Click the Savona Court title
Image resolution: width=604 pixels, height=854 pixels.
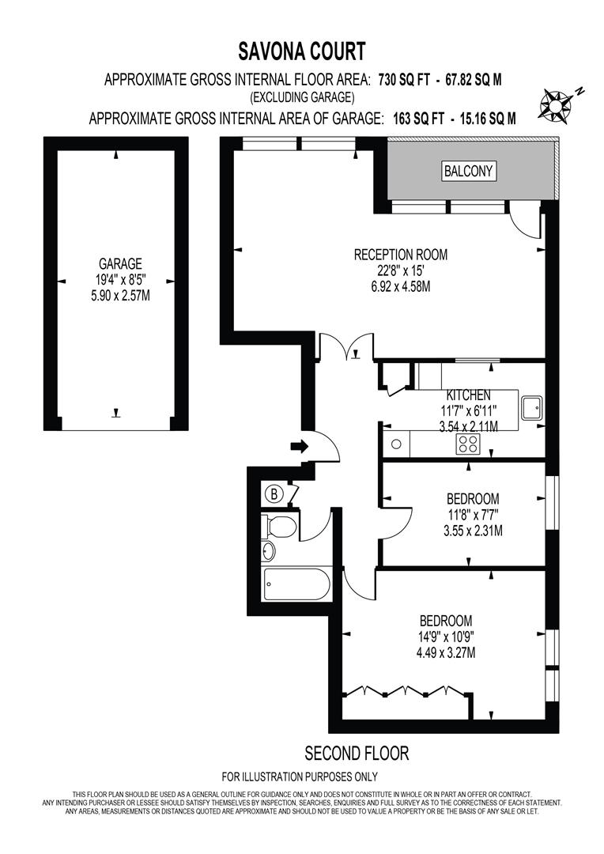(302, 52)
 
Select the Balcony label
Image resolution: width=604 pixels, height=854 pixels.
(468, 171)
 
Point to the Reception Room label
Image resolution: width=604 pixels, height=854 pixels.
(400, 255)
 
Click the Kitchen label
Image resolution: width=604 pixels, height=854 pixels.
(469, 395)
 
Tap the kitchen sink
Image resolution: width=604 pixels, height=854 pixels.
(531, 409)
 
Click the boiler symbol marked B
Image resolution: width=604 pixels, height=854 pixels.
(274, 494)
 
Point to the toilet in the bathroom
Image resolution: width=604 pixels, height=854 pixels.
(279, 525)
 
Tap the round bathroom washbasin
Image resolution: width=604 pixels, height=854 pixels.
(269, 550)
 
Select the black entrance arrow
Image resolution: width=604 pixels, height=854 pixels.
(300, 447)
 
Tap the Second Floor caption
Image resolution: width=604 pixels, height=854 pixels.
(357, 753)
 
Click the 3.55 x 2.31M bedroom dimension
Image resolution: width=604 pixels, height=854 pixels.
(473, 531)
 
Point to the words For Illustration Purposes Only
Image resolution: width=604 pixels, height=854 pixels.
(300, 777)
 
